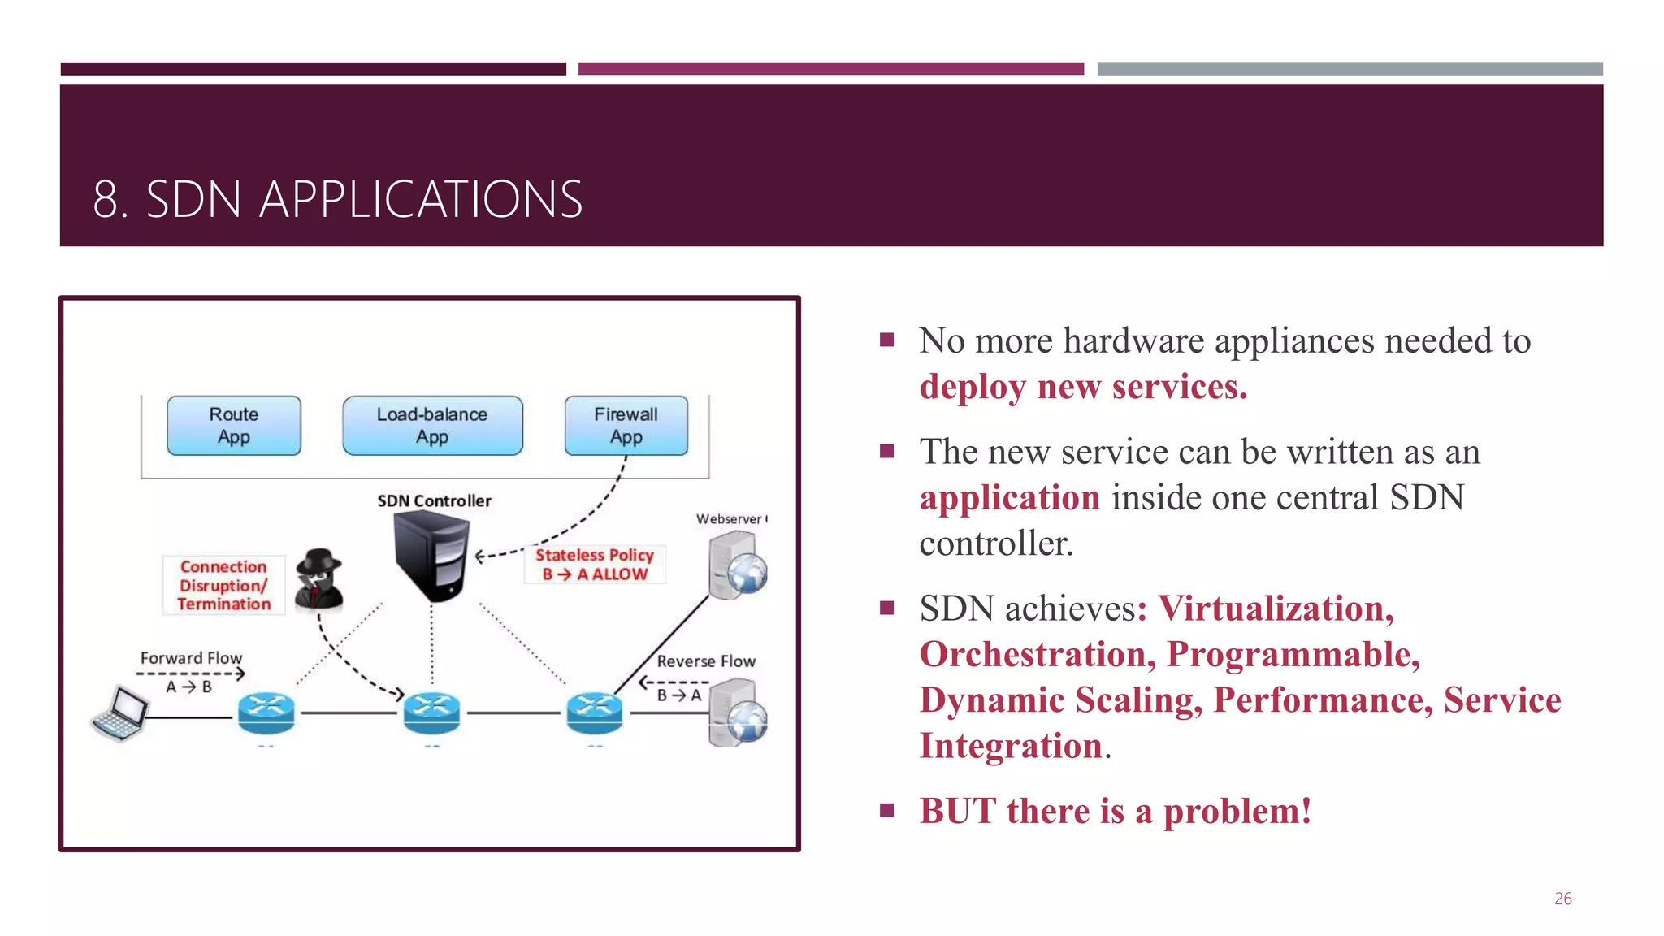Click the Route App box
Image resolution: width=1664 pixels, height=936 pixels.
[x=234, y=426]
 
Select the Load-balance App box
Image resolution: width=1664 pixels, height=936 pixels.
[x=432, y=426]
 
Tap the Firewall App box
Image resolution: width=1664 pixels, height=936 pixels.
[x=626, y=426]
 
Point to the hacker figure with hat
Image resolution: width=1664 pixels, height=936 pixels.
[x=318, y=578]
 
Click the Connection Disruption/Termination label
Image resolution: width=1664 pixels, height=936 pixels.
[x=223, y=585]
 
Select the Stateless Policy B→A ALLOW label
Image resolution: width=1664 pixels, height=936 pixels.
[x=594, y=565]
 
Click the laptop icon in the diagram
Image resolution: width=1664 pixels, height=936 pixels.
[x=120, y=714]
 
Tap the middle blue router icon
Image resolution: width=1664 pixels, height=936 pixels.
[x=431, y=713]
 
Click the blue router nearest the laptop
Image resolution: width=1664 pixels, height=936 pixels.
[x=266, y=713]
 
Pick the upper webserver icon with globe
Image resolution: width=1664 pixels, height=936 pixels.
[x=736, y=565]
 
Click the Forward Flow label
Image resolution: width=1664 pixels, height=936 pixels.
[x=191, y=658]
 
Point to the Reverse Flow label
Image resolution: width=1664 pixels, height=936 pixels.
[x=705, y=661]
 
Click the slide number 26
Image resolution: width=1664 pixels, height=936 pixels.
[x=1562, y=899]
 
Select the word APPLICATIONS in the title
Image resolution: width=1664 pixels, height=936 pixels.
[x=421, y=200]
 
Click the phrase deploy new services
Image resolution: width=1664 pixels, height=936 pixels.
[x=1082, y=388]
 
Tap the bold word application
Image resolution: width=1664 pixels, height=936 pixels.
[x=1009, y=498]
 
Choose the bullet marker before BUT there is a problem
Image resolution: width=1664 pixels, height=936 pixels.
[x=886, y=810]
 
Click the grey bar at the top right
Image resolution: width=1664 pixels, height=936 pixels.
[x=1349, y=69]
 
